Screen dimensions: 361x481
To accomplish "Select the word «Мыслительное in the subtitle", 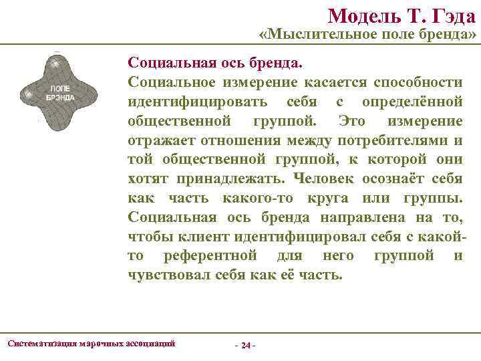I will coord(314,35).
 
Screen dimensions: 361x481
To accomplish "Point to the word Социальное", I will coord(172,82).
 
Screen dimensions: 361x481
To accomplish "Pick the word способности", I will coord(418,82).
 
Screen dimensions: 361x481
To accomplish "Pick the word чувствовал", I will coord(170,275).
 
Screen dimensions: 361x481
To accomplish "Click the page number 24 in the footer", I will coord(246,346).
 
